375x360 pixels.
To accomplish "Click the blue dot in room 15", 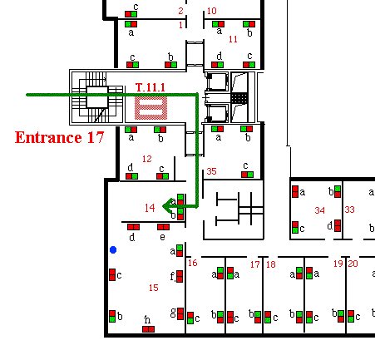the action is click(x=113, y=250).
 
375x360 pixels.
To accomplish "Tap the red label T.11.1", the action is click(x=150, y=87).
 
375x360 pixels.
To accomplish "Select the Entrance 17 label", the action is click(x=59, y=137).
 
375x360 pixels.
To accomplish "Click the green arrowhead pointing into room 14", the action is click(x=166, y=206).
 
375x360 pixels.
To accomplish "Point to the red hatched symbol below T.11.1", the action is click(x=151, y=108).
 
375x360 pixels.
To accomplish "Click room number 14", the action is click(x=150, y=208).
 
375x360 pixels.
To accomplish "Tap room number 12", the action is click(x=147, y=159).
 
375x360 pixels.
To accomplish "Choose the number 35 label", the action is click(x=211, y=171).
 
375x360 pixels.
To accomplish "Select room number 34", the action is click(x=319, y=210).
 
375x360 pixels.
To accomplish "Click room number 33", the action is click(x=349, y=210).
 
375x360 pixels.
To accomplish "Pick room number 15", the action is click(x=154, y=288).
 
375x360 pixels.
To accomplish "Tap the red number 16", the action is click(x=193, y=263).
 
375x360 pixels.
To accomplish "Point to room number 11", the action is click(x=233, y=39).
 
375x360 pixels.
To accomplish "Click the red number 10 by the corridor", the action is click(x=212, y=11).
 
